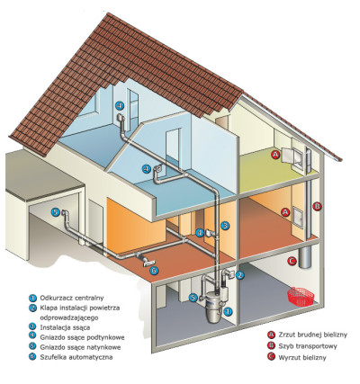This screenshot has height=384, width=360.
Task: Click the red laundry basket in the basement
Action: (301, 297)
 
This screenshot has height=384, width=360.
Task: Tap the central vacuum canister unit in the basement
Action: (214, 306)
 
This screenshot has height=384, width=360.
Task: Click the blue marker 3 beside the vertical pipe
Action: (225, 226)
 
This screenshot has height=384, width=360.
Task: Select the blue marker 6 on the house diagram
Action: (154, 271)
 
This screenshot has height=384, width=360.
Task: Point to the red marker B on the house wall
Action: (317, 206)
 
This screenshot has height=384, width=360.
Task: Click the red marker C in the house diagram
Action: (292, 261)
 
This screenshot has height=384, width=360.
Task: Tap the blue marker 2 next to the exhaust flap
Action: (239, 275)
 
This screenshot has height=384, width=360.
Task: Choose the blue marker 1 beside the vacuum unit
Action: (229, 311)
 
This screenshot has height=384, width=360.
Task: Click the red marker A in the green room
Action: (275, 155)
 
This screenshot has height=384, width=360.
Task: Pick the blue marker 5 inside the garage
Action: (55, 212)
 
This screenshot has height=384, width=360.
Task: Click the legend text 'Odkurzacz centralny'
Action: (72, 298)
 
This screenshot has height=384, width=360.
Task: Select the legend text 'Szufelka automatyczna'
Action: (76, 357)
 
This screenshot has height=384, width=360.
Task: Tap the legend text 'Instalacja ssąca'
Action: (65, 327)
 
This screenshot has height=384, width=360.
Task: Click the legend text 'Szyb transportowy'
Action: (308, 346)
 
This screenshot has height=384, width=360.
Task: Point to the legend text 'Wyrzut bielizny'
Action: (302, 357)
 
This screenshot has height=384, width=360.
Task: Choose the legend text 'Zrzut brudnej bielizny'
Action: (313, 335)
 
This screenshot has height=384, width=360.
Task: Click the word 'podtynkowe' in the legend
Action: (105, 337)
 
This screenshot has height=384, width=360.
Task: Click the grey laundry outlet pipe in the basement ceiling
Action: (304, 256)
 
